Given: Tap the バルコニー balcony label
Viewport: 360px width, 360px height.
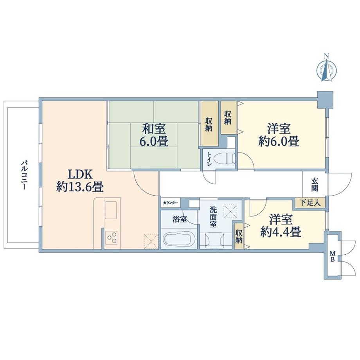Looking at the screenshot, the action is tap(24, 175).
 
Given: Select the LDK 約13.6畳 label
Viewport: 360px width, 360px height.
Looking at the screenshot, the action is tap(80, 180).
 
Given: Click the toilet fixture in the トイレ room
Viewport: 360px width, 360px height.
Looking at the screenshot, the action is tap(227, 158).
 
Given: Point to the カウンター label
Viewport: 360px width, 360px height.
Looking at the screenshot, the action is tap(170, 203).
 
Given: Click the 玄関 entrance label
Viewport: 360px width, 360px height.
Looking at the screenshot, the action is tap(315, 184).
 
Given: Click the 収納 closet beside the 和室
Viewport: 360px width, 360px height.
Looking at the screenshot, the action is tap(209, 123).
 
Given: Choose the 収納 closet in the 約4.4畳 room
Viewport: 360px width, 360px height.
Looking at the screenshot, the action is tap(239, 235).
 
